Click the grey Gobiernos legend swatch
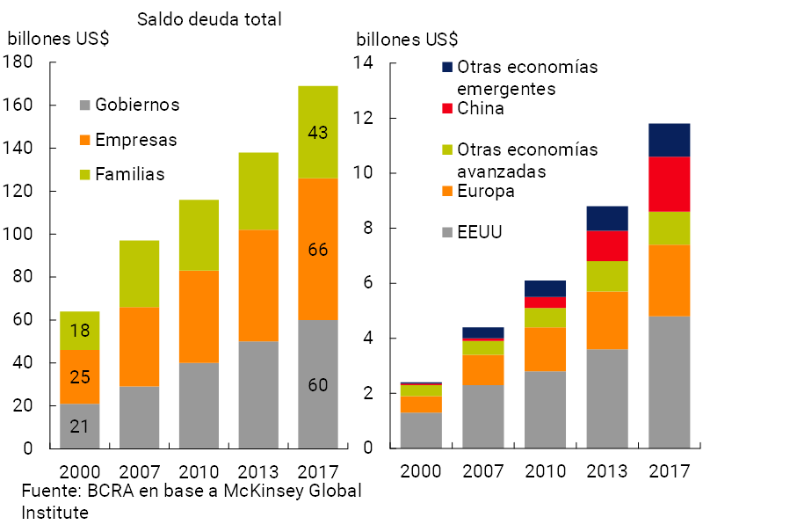point(84,106)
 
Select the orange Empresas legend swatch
point(84,140)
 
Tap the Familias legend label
point(130,174)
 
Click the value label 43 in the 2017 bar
point(318,134)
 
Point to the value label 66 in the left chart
point(318,250)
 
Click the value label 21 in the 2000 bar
point(79,427)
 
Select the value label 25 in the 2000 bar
point(79,377)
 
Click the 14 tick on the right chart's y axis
point(364,63)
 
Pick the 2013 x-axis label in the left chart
point(258,470)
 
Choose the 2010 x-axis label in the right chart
point(547,470)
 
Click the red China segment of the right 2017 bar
point(670,184)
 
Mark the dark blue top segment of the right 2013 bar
point(607,218)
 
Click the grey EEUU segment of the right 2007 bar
point(484,416)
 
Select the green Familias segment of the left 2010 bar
point(199,235)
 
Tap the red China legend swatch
point(446,109)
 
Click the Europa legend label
point(486,191)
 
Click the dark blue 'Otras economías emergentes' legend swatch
point(446,67)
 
